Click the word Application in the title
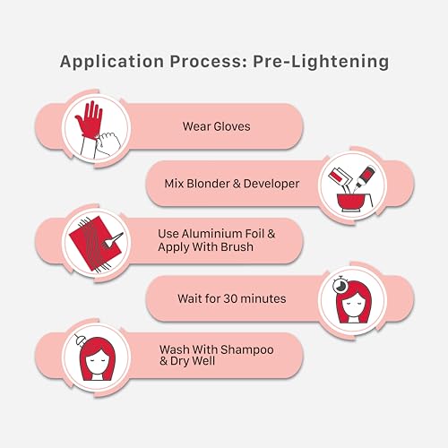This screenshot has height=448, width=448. [x=112, y=62]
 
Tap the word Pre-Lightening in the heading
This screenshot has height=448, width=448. [x=321, y=62]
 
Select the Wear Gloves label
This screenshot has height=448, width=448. [x=217, y=126]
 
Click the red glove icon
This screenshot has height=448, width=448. [x=89, y=119]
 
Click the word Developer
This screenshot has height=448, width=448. [x=271, y=184]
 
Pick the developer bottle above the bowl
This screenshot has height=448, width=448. [x=366, y=177]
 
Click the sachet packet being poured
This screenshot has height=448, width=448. [x=339, y=177]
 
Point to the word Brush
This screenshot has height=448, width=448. [x=237, y=247]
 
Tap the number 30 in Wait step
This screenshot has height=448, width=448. [x=230, y=298]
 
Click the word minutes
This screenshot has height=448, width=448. [x=263, y=298]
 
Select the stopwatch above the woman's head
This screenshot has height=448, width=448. [x=340, y=285]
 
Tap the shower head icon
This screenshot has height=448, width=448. [x=80, y=340]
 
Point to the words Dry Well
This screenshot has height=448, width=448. [x=193, y=361]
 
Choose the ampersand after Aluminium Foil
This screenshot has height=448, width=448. [x=271, y=234]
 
